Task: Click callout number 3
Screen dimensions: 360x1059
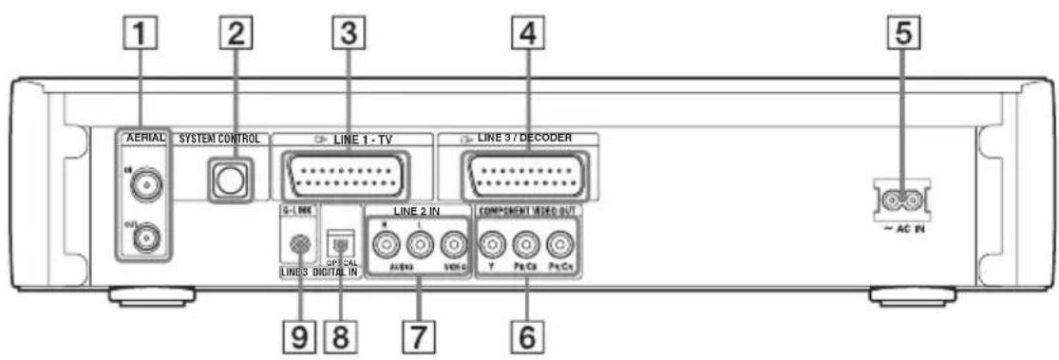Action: click(x=349, y=39)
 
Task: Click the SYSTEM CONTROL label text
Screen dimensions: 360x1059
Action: click(x=223, y=139)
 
